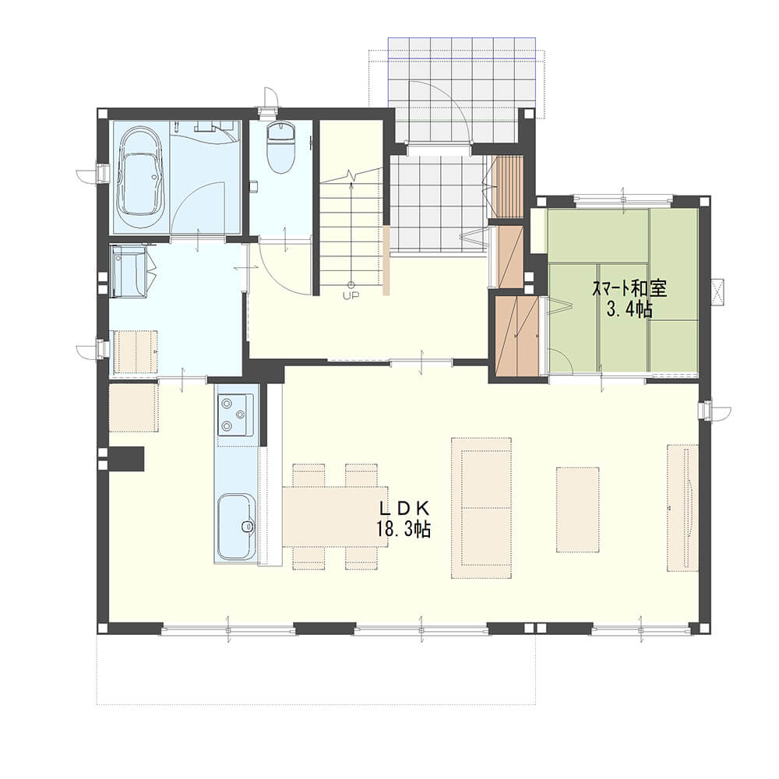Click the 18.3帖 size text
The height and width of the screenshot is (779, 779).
tap(403, 530)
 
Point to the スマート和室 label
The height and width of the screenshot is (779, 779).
tap(629, 288)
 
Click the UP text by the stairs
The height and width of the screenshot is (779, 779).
tap(351, 294)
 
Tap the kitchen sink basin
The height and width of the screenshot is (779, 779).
tap(236, 527)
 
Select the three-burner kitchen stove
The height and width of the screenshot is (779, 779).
tap(234, 414)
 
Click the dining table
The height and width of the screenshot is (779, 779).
tap(335, 516)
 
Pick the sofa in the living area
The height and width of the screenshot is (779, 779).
tap(481, 508)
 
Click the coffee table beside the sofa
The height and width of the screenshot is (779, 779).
tap(577, 509)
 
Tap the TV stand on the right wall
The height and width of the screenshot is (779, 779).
tap(682, 508)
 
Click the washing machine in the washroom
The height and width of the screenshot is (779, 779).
tap(129, 272)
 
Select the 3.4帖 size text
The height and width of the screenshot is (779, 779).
tap(629, 310)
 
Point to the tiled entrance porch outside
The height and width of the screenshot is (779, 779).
tap(461, 90)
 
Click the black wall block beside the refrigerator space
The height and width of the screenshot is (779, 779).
tap(127, 458)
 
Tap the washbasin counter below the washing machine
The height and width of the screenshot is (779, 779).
tap(134, 351)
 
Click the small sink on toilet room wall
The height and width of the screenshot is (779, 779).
tap(253, 186)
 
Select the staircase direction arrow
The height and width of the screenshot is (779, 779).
tap(351, 234)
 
